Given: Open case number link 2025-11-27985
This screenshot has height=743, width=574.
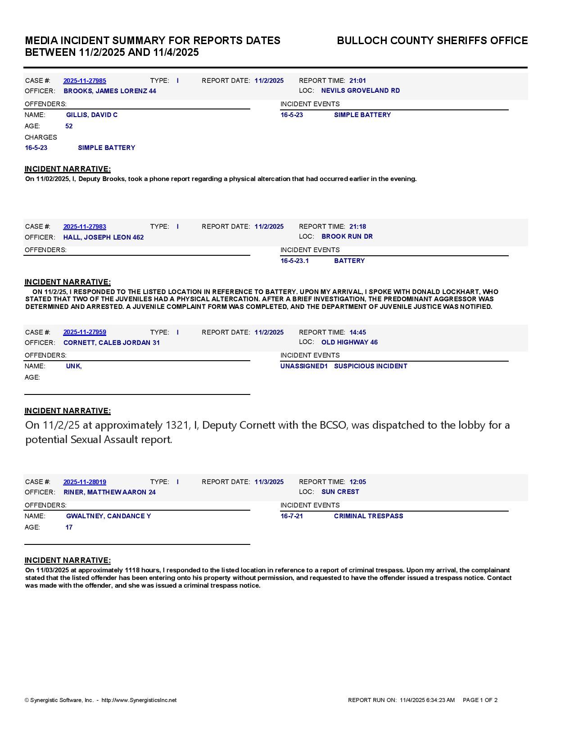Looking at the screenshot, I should coord(85,81).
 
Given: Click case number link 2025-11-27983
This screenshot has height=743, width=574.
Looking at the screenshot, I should coord(85,227).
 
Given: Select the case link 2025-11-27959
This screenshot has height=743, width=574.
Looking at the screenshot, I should coord(85,332).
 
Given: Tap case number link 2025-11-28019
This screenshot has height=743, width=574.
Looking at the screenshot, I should coord(85,482).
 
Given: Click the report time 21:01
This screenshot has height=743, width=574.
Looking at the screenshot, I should coord(357,81).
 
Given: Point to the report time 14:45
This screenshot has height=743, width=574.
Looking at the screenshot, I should coord(357,332).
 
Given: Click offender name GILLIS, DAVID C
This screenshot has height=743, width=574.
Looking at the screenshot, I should coord(92,115).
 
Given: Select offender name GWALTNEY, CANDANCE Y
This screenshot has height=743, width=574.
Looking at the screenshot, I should coord(108,516).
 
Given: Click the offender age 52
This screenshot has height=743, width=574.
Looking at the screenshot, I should coord(69,126).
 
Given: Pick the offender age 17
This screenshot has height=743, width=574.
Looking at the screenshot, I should coord(69,527).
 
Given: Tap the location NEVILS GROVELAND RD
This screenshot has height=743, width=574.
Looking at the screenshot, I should coord(360,91).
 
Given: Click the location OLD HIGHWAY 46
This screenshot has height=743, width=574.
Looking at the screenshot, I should coord(349,342).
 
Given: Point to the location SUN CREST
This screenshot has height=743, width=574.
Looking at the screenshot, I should coord(340,492).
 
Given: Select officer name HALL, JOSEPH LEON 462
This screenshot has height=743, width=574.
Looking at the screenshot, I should coord(104,237).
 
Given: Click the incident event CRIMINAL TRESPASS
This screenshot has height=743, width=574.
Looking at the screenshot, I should coord(368,516).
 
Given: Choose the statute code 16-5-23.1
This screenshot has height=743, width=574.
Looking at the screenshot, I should coord(295,261).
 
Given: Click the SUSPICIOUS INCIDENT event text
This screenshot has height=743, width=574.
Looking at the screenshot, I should coord(371,366).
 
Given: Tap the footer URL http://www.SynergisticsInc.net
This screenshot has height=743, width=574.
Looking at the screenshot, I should coord(139,700).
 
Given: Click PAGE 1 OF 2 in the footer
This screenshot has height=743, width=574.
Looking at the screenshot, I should coord(480,700).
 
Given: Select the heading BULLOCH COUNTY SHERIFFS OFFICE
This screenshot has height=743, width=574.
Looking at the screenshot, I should coord(432,41).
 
